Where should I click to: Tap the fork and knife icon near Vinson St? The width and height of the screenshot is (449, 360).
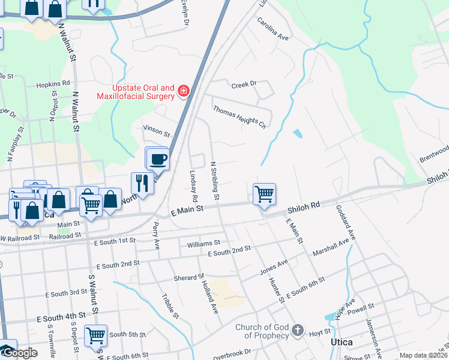[x=142, y=183]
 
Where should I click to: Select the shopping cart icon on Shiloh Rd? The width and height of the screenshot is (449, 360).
[x=264, y=194]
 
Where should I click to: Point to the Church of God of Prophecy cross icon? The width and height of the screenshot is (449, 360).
[x=297, y=331]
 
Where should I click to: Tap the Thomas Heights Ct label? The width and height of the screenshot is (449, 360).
[x=240, y=116]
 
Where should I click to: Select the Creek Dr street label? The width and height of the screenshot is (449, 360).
[x=244, y=85]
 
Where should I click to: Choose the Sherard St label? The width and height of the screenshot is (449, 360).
[x=188, y=278]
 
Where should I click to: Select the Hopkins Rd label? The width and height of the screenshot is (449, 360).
[x=53, y=84]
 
